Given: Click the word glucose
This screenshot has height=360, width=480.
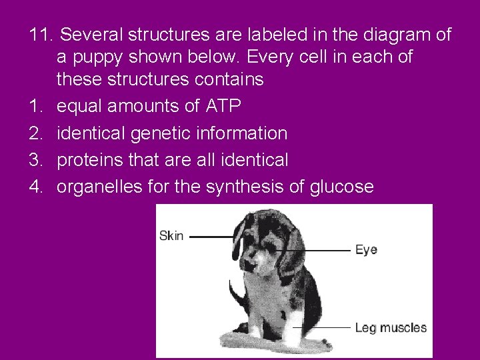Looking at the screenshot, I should [x=341, y=187].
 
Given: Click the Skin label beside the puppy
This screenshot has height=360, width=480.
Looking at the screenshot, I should [x=171, y=236].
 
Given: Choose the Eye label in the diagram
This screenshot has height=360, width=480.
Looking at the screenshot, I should [x=366, y=250].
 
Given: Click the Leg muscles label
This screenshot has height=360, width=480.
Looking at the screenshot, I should [x=391, y=327].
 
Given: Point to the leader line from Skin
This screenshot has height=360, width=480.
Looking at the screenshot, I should [x=212, y=236].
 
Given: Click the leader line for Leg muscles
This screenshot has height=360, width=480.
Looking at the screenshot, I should [x=327, y=327].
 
